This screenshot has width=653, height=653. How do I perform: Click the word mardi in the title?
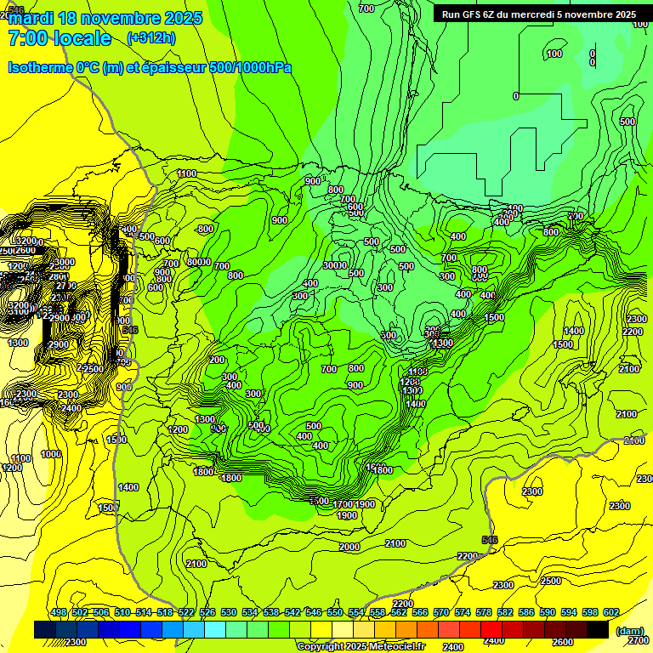pyautogui.click(x=31, y=18)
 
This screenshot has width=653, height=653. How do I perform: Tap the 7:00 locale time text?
pyautogui.click(x=60, y=38)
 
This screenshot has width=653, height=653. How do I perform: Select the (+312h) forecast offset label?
pyautogui.click(x=151, y=38)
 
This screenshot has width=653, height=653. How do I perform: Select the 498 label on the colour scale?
pyautogui.click(x=59, y=613)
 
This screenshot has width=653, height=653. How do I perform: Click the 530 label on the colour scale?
pyautogui.click(x=229, y=613)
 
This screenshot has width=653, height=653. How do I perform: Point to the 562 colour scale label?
pyautogui.click(x=399, y=613)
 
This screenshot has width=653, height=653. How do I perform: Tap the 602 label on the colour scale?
pyautogui.click(x=610, y=613)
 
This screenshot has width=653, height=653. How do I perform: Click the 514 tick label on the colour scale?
pyautogui.click(x=144, y=613)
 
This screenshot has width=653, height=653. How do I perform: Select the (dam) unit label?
pyautogui.click(x=629, y=630)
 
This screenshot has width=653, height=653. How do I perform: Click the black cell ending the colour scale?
pyautogui.click(x=598, y=629)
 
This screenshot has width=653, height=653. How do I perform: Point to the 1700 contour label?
pyautogui.click(x=343, y=504)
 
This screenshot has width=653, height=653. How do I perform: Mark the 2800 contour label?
pyautogui.click(x=58, y=276)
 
